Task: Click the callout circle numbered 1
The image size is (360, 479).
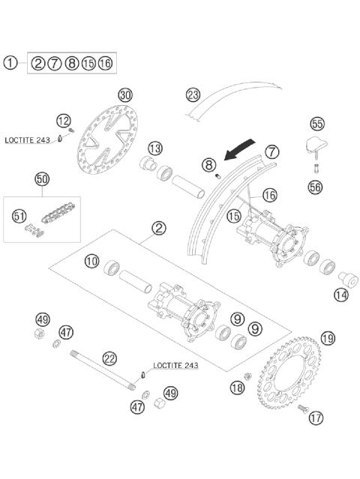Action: click(x=10, y=63)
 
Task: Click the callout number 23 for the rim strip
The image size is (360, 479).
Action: click(x=193, y=95)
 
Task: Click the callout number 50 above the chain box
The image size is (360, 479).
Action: click(x=42, y=179)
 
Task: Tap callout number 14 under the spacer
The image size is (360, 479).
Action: click(x=341, y=295)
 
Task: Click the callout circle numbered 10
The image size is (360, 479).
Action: click(x=91, y=262)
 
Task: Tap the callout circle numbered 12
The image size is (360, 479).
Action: click(x=64, y=120)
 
